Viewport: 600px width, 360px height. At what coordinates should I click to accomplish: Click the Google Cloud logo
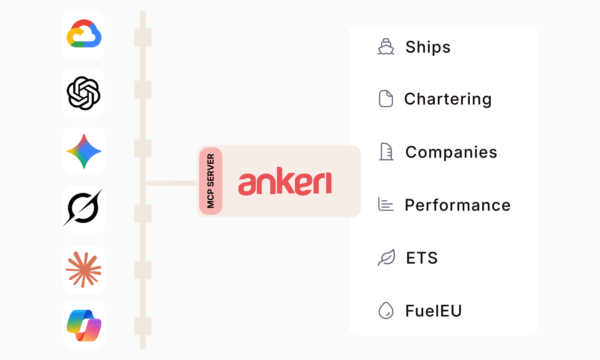click(84, 33)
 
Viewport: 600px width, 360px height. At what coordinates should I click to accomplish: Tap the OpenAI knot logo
click(83, 93)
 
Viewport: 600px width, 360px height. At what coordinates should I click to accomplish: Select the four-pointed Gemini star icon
click(84, 151)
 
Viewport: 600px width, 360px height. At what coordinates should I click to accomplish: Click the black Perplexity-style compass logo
click(83, 208)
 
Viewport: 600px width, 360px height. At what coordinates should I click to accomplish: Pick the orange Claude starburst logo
click(83, 270)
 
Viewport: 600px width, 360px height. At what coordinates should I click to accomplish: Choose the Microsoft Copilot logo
click(84, 325)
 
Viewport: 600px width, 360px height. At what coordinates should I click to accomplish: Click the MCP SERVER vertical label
click(211, 181)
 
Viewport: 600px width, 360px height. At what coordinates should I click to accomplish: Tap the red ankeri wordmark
click(285, 182)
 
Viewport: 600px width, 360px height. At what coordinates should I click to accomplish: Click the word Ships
click(428, 47)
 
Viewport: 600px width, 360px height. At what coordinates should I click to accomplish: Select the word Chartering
click(448, 99)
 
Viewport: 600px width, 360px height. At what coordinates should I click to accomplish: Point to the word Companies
click(451, 152)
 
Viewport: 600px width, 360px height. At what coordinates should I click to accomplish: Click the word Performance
click(458, 205)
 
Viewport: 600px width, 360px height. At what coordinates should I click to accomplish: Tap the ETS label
click(422, 258)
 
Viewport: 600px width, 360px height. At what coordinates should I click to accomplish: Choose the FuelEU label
click(433, 311)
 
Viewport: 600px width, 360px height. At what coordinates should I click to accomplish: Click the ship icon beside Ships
click(386, 47)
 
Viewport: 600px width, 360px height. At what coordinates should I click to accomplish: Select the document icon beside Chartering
click(386, 99)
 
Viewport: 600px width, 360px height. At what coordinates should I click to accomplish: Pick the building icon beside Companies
click(386, 152)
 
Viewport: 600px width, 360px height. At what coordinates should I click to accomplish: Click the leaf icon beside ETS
click(387, 257)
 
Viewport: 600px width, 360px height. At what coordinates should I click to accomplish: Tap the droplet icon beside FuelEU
click(386, 310)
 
